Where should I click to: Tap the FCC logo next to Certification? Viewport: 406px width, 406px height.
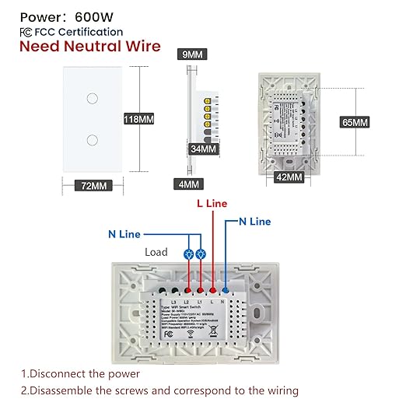(26, 32)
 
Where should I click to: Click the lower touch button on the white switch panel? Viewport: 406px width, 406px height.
(92, 140)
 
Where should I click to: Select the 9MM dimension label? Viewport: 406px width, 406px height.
(191, 55)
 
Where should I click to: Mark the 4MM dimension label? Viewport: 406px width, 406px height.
(187, 184)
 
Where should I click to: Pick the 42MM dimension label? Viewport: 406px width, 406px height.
(289, 177)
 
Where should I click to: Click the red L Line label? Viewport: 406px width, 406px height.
(211, 203)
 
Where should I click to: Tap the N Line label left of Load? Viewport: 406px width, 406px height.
(124, 233)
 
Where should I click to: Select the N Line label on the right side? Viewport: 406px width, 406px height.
(254, 222)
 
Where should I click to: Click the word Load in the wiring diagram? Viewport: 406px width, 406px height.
(156, 252)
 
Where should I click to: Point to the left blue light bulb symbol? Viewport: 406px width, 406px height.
(190, 254)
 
